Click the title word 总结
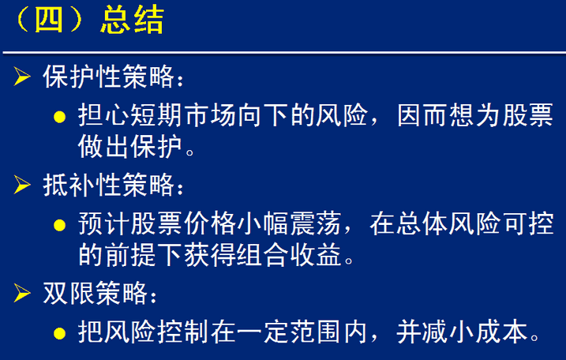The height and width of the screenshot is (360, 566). pos(132,21)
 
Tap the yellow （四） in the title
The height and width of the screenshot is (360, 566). pos(49,21)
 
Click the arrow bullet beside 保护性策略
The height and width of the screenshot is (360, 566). pos(22,77)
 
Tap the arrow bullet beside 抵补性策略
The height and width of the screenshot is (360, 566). pos(22,185)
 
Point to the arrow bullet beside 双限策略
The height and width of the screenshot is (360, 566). pos(22,292)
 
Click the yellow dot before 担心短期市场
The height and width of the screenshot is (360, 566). pos(59,117)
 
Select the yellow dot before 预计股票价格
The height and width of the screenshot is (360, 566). pos(59,225)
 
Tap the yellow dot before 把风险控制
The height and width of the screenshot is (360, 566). pos(59,333)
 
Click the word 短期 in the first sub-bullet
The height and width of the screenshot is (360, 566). pos(156,115)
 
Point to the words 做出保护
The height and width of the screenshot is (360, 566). pos(130,147)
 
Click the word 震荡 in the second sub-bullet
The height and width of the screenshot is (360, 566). pos(316,224)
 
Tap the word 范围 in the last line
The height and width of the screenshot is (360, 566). pos(316,332)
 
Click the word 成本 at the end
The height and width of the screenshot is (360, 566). pos(501,332)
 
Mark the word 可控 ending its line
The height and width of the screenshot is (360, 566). pos(529,224)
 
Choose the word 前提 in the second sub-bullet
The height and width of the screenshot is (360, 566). pos(130,255)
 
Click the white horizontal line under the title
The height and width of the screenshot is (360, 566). pos(284,53)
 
